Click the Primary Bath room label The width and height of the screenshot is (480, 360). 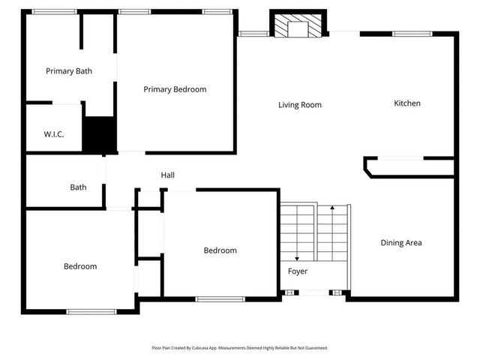click(x=69, y=71)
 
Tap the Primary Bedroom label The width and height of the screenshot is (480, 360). click(x=175, y=89)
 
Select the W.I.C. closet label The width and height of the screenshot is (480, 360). click(x=53, y=134)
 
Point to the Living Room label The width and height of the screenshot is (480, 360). click(x=300, y=105)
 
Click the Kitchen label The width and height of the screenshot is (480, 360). click(x=407, y=103)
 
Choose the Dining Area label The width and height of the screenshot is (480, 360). click(x=401, y=242)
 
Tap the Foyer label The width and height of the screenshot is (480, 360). click(x=298, y=271)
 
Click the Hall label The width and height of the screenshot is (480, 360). click(x=168, y=175)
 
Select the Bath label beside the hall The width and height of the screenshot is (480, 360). click(x=78, y=187)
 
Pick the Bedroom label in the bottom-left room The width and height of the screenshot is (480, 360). click(x=79, y=266)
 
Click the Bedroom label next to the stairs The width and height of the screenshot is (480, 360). click(x=220, y=250)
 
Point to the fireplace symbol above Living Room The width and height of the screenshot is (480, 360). click(x=298, y=28)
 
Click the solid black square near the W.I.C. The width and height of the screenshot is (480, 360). click(x=97, y=135)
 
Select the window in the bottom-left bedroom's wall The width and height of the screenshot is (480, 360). click(x=91, y=310)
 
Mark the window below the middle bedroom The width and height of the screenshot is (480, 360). click(x=220, y=299)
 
